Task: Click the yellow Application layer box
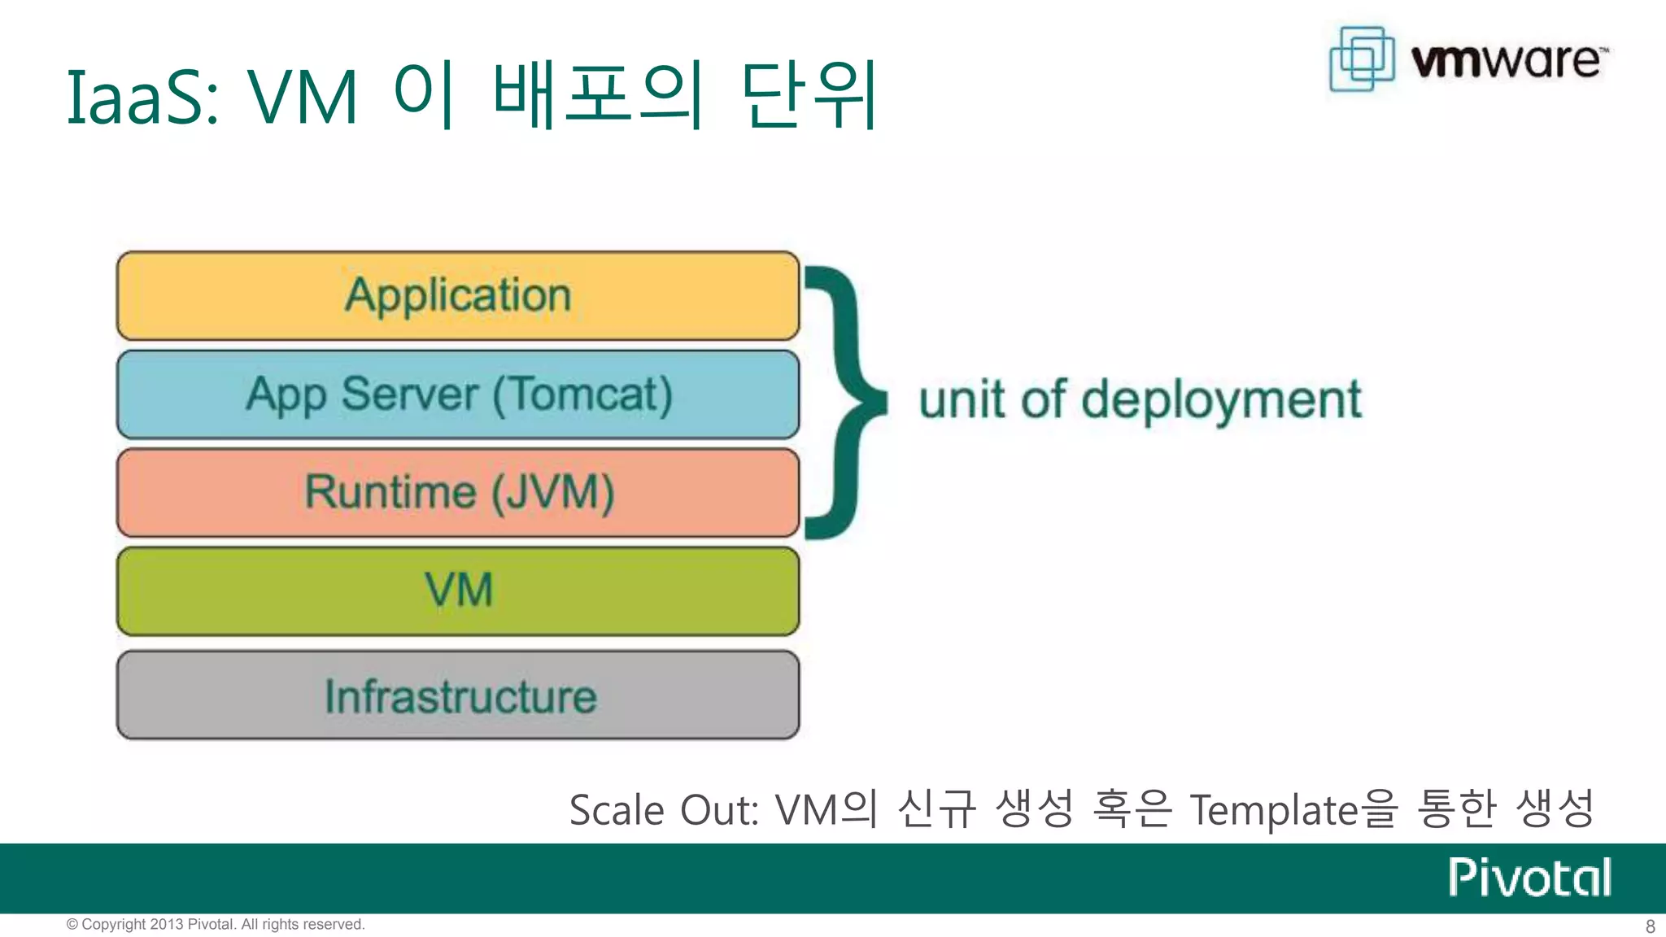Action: (458, 296)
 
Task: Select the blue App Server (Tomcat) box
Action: (458, 395)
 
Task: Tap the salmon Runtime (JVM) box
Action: (458, 493)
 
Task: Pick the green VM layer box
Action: (458, 591)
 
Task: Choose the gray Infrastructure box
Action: (458, 695)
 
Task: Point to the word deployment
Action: (1221, 400)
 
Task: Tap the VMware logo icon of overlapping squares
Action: (1362, 59)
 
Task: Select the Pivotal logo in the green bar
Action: (1529, 878)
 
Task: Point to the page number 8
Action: (1650, 926)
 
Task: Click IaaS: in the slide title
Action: (142, 98)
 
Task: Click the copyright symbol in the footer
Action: (72, 925)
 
